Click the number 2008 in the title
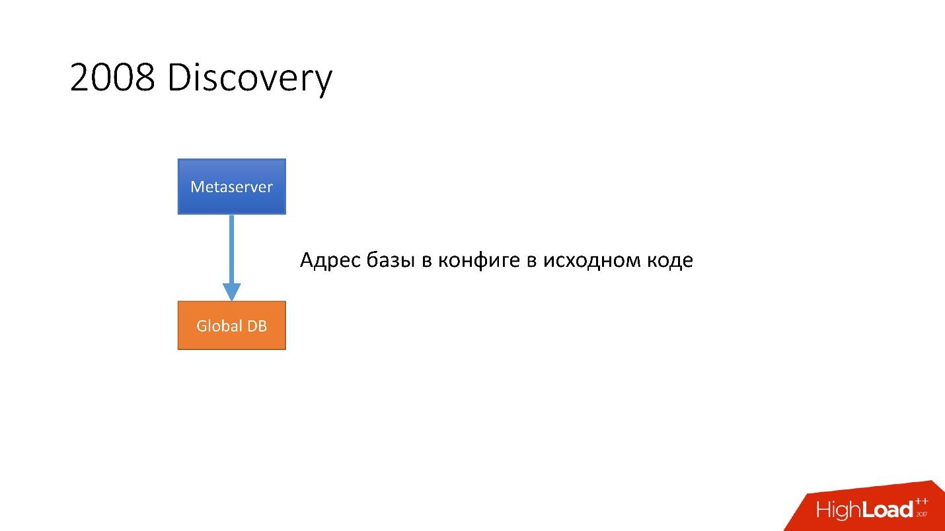(112, 79)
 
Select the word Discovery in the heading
(249, 79)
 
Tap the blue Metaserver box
(231, 186)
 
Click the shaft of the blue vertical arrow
(231, 248)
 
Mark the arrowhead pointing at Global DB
(231, 291)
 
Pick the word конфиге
(479, 261)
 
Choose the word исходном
(587, 261)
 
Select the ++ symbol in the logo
(921, 503)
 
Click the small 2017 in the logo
(922, 514)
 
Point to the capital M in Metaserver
(197, 187)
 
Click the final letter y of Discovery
(323, 82)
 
